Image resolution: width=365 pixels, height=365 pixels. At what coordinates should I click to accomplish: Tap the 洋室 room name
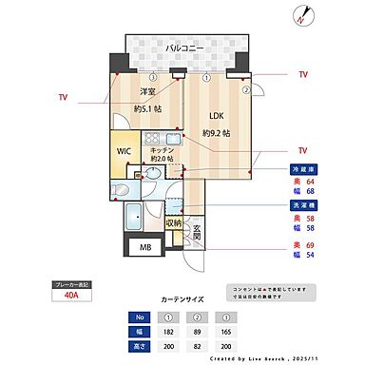pos(147,92)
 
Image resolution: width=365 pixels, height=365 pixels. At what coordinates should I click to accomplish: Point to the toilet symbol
pos(120,191)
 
